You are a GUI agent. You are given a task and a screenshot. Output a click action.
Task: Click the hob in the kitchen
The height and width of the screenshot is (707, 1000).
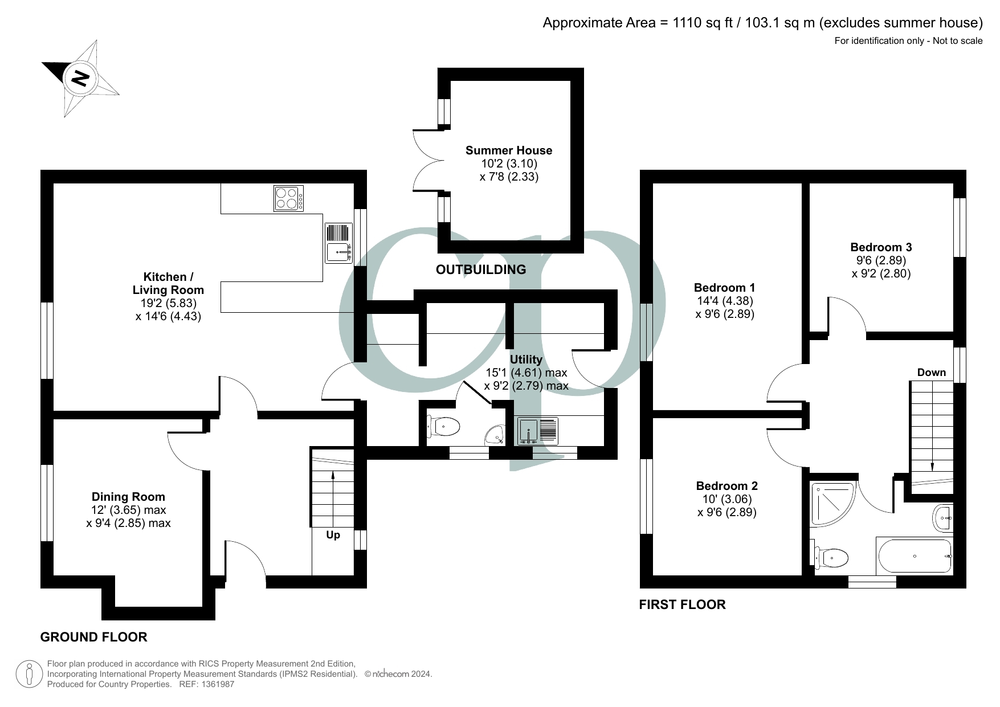tap(288, 198)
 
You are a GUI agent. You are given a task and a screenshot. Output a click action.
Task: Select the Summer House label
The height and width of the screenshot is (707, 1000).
tap(509, 150)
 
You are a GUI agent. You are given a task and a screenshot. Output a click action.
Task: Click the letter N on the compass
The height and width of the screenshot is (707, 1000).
tap(80, 78)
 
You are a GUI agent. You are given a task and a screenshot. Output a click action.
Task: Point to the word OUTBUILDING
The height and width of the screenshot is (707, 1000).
tap(480, 269)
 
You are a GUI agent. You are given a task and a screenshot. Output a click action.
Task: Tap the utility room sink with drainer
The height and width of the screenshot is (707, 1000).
tap(538, 431)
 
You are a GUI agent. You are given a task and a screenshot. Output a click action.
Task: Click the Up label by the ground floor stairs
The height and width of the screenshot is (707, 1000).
tap(333, 535)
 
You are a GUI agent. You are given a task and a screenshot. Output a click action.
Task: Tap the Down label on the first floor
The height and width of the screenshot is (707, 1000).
tap(931, 373)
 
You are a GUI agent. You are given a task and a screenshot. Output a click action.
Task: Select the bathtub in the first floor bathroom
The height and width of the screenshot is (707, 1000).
tap(915, 556)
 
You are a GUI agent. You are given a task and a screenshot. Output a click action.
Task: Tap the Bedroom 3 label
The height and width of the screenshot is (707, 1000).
tap(881, 247)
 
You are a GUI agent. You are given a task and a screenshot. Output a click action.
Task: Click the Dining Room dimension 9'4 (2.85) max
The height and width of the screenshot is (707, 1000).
tap(128, 523)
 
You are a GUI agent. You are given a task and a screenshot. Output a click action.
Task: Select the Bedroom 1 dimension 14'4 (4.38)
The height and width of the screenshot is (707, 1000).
tap(725, 301)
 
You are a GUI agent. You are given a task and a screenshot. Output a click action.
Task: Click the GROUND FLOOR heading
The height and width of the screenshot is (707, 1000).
tap(93, 637)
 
